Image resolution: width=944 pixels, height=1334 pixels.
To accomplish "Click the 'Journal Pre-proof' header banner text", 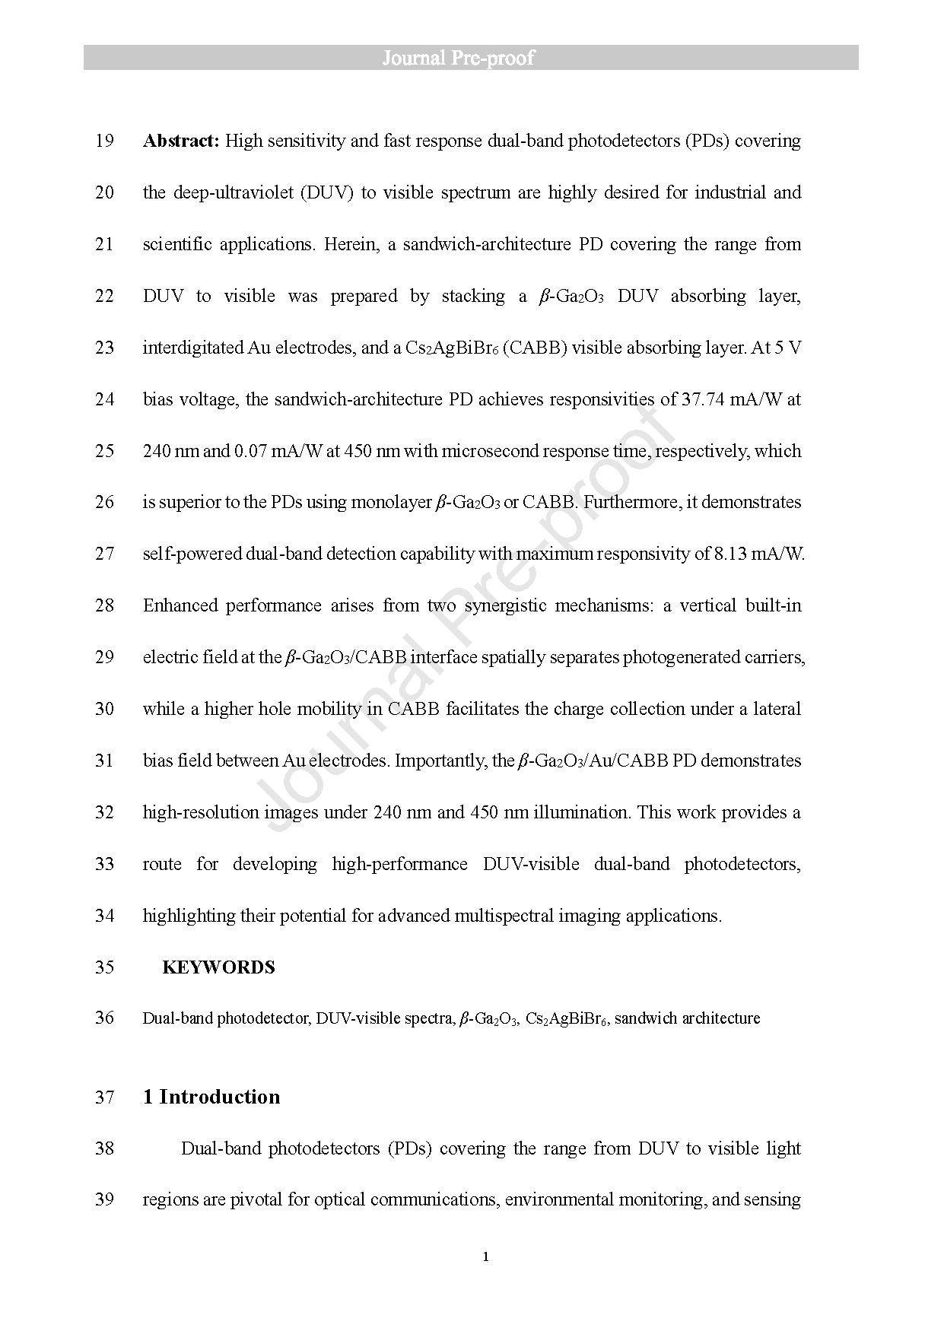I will tap(458, 59).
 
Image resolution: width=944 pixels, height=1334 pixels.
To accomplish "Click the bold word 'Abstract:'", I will tap(181, 141).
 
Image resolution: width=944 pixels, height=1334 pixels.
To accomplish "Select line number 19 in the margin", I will tap(104, 141).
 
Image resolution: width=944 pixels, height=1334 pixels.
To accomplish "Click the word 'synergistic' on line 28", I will tap(505, 605).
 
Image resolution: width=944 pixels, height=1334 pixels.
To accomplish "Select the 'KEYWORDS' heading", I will tap(218, 967).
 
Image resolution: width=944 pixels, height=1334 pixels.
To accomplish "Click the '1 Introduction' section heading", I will tap(211, 1097).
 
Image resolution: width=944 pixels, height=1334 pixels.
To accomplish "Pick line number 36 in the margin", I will tap(104, 1018).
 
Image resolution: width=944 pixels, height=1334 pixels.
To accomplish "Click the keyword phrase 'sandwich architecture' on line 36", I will tap(687, 1018).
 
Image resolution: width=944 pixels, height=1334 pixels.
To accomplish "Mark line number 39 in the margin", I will tap(104, 1200).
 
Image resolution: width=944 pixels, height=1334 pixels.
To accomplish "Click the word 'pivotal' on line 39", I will tap(257, 1200).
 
